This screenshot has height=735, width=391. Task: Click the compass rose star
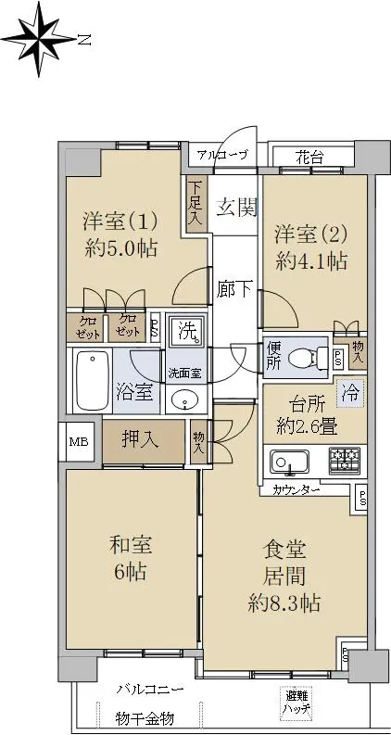click(x=38, y=39)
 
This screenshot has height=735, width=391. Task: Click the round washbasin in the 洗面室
click(x=186, y=399)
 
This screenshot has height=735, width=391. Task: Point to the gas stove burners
click(x=345, y=459)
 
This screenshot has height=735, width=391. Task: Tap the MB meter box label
click(x=78, y=442)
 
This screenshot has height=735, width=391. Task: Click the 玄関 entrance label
click(x=237, y=207)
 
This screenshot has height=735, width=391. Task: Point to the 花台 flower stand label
click(x=309, y=157)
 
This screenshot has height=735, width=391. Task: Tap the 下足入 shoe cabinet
click(x=194, y=203)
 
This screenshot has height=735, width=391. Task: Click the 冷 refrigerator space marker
click(x=349, y=392)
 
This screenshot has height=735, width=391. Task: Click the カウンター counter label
click(x=296, y=491)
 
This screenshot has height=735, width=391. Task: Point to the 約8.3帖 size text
click(x=284, y=602)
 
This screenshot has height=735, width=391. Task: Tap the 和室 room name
click(x=131, y=545)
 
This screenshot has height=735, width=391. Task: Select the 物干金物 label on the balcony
click(x=145, y=717)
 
